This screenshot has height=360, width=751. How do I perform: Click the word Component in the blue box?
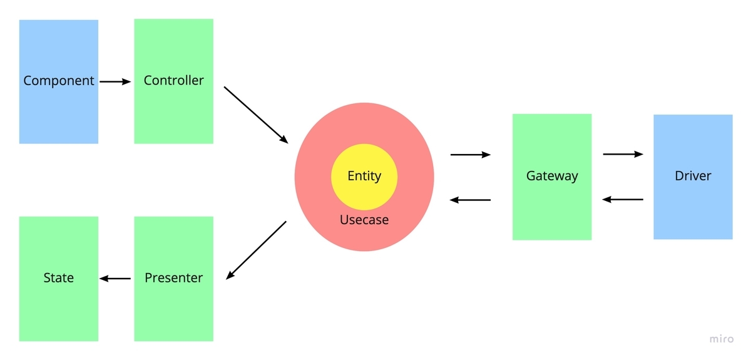tap(59, 81)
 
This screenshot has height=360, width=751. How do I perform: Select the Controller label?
tap(174, 81)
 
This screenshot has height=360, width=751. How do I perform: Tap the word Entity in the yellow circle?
tap(364, 176)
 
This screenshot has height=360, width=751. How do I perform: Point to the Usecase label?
tap(364, 220)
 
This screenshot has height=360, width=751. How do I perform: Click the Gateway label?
tap(552, 176)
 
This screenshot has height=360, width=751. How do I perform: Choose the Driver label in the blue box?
tap(693, 176)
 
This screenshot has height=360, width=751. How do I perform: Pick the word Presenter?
tap(174, 278)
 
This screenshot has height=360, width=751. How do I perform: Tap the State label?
tap(59, 278)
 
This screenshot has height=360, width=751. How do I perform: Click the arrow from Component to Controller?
tap(115, 81)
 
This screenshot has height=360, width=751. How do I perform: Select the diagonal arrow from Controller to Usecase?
tap(256, 115)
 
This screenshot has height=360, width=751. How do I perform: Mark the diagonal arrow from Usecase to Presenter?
tap(256, 250)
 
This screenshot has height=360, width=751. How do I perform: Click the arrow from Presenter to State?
tap(115, 279)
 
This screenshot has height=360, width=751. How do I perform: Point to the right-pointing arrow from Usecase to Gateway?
tap(471, 155)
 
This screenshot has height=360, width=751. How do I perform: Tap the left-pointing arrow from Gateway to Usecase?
tap(470, 200)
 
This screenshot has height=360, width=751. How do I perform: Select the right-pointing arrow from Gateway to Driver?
tap(623, 154)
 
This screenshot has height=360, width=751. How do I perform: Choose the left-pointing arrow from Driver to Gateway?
tap(623, 200)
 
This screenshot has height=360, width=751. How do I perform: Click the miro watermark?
tap(722, 339)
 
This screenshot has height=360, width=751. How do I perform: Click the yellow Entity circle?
tap(364, 177)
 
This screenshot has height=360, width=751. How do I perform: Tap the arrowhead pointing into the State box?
tap(104, 279)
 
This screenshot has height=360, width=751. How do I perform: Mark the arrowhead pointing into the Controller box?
tap(126, 81)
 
